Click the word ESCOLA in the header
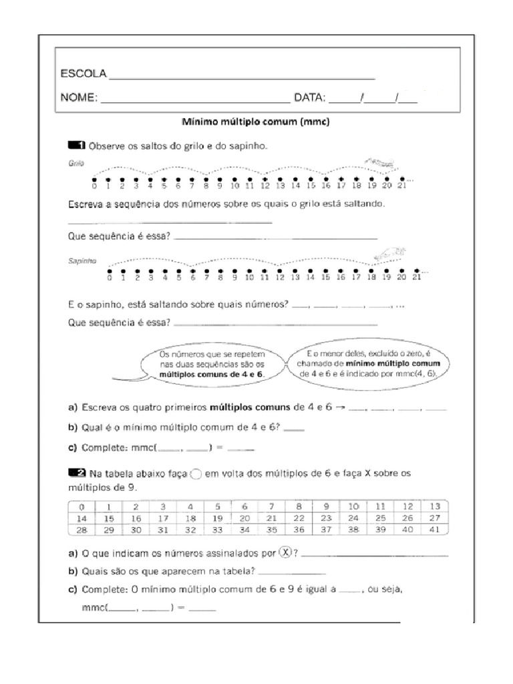pyautogui.click(x=83, y=73)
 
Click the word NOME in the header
pyautogui.click(x=79, y=98)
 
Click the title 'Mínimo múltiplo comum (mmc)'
pyautogui.click(x=256, y=122)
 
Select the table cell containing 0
pyautogui.click(x=81, y=506)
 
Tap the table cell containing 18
pyautogui.click(x=190, y=518)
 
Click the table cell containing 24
pyautogui.click(x=354, y=518)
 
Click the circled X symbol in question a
pyautogui.click(x=286, y=552)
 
